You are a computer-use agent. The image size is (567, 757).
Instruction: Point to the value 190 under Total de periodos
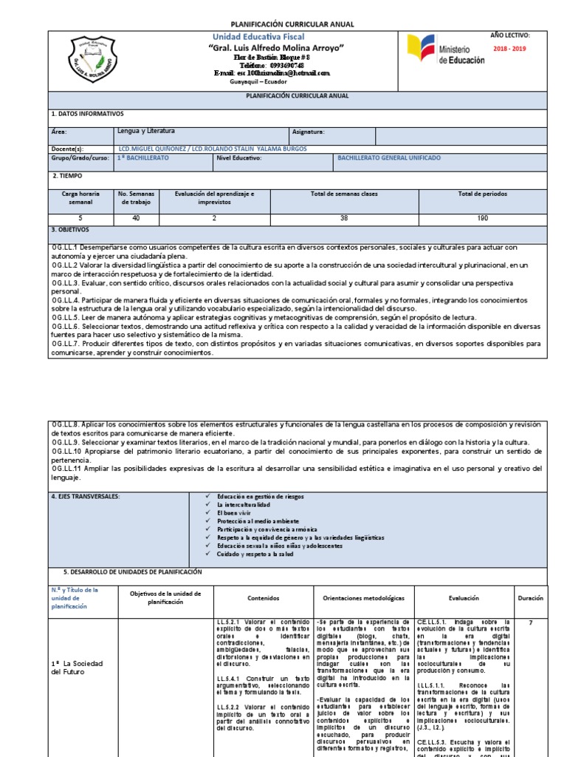click(483, 219)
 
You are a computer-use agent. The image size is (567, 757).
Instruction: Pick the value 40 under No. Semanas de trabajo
click(135, 219)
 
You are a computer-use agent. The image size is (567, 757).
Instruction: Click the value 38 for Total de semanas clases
click(344, 219)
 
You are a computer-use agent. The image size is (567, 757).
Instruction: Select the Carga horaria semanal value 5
click(80, 219)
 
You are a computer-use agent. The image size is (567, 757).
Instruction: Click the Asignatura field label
click(309, 132)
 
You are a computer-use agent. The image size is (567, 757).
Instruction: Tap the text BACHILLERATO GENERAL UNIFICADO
click(389, 158)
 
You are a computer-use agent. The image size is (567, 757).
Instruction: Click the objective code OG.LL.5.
click(69, 313)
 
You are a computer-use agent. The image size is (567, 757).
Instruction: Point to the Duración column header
click(530, 597)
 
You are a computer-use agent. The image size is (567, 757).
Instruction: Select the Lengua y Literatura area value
click(146, 131)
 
